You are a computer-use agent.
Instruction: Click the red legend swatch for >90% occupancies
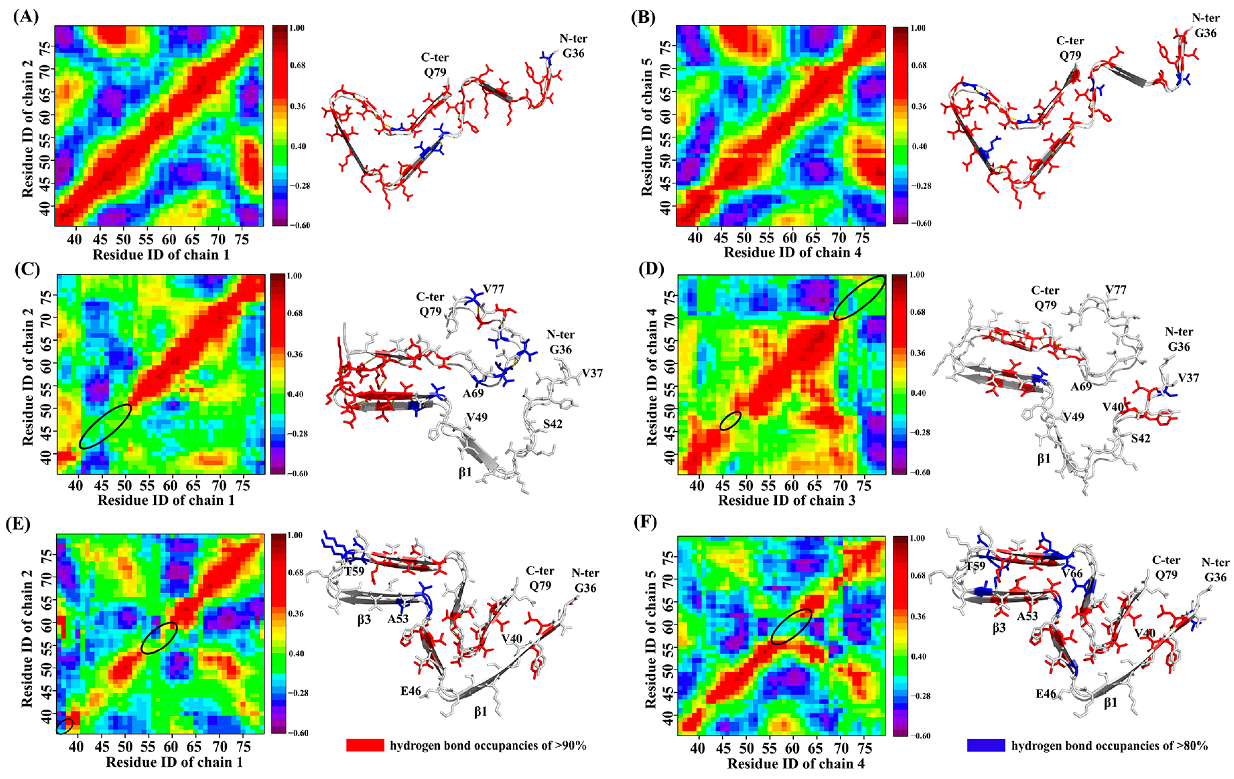[365, 745]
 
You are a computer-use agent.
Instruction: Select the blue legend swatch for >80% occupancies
[986, 745]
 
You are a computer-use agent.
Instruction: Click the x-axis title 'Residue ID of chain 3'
[786, 500]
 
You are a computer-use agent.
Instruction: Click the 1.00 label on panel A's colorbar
[296, 28]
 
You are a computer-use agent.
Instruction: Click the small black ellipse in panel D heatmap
[730, 420]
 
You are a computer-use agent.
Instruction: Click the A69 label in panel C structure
[473, 393]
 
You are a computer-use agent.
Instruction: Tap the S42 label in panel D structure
[1141, 438]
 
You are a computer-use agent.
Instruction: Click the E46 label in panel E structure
[410, 691]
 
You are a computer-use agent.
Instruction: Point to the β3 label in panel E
[364, 620]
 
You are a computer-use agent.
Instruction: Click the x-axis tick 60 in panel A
[169, 239]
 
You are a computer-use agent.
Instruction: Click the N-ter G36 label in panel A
[573, 45]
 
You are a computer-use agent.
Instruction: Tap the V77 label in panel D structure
[1115, 290]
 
